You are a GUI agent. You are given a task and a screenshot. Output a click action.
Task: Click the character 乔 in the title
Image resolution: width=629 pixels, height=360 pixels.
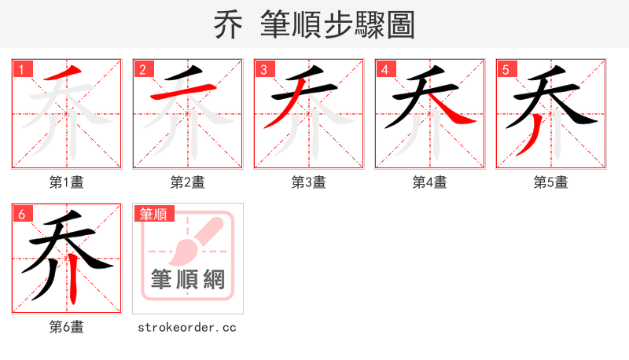tap(228, 24)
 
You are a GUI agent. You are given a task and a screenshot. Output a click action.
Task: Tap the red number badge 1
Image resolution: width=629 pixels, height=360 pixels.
tap(21, 69)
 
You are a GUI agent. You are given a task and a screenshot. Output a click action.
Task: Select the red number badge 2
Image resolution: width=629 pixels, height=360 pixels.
tap(142, 69)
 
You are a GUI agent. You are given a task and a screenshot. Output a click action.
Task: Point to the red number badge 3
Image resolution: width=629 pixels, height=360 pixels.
tap(263, 69)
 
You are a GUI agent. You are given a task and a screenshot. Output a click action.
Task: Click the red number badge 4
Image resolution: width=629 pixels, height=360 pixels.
tap(384, 69)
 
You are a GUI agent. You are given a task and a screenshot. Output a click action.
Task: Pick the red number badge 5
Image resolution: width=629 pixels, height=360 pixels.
tap(506, 69)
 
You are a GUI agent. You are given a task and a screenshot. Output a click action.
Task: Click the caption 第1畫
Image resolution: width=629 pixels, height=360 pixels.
tap(67, 182)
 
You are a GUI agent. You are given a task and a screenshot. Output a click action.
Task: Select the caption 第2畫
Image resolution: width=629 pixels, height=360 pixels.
tap(188, 182)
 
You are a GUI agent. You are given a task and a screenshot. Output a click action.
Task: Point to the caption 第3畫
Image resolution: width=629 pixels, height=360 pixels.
tap(309, 182)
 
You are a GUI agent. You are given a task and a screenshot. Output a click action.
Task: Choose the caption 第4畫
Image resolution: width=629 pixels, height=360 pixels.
tap(430, 182)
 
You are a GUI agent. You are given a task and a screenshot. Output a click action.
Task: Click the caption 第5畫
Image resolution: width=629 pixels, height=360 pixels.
tap(551, 182)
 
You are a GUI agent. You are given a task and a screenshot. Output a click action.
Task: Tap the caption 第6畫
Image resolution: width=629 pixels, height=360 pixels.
tap(67, 327)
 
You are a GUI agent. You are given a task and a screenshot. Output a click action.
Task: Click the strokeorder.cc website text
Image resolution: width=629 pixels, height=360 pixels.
tap(188, 327)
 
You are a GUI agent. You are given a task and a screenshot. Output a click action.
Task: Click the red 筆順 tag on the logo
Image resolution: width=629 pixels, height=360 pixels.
tap(154, 214)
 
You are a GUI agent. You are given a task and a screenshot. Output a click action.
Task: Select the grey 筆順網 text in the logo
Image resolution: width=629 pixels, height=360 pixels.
tap(188, 279)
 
